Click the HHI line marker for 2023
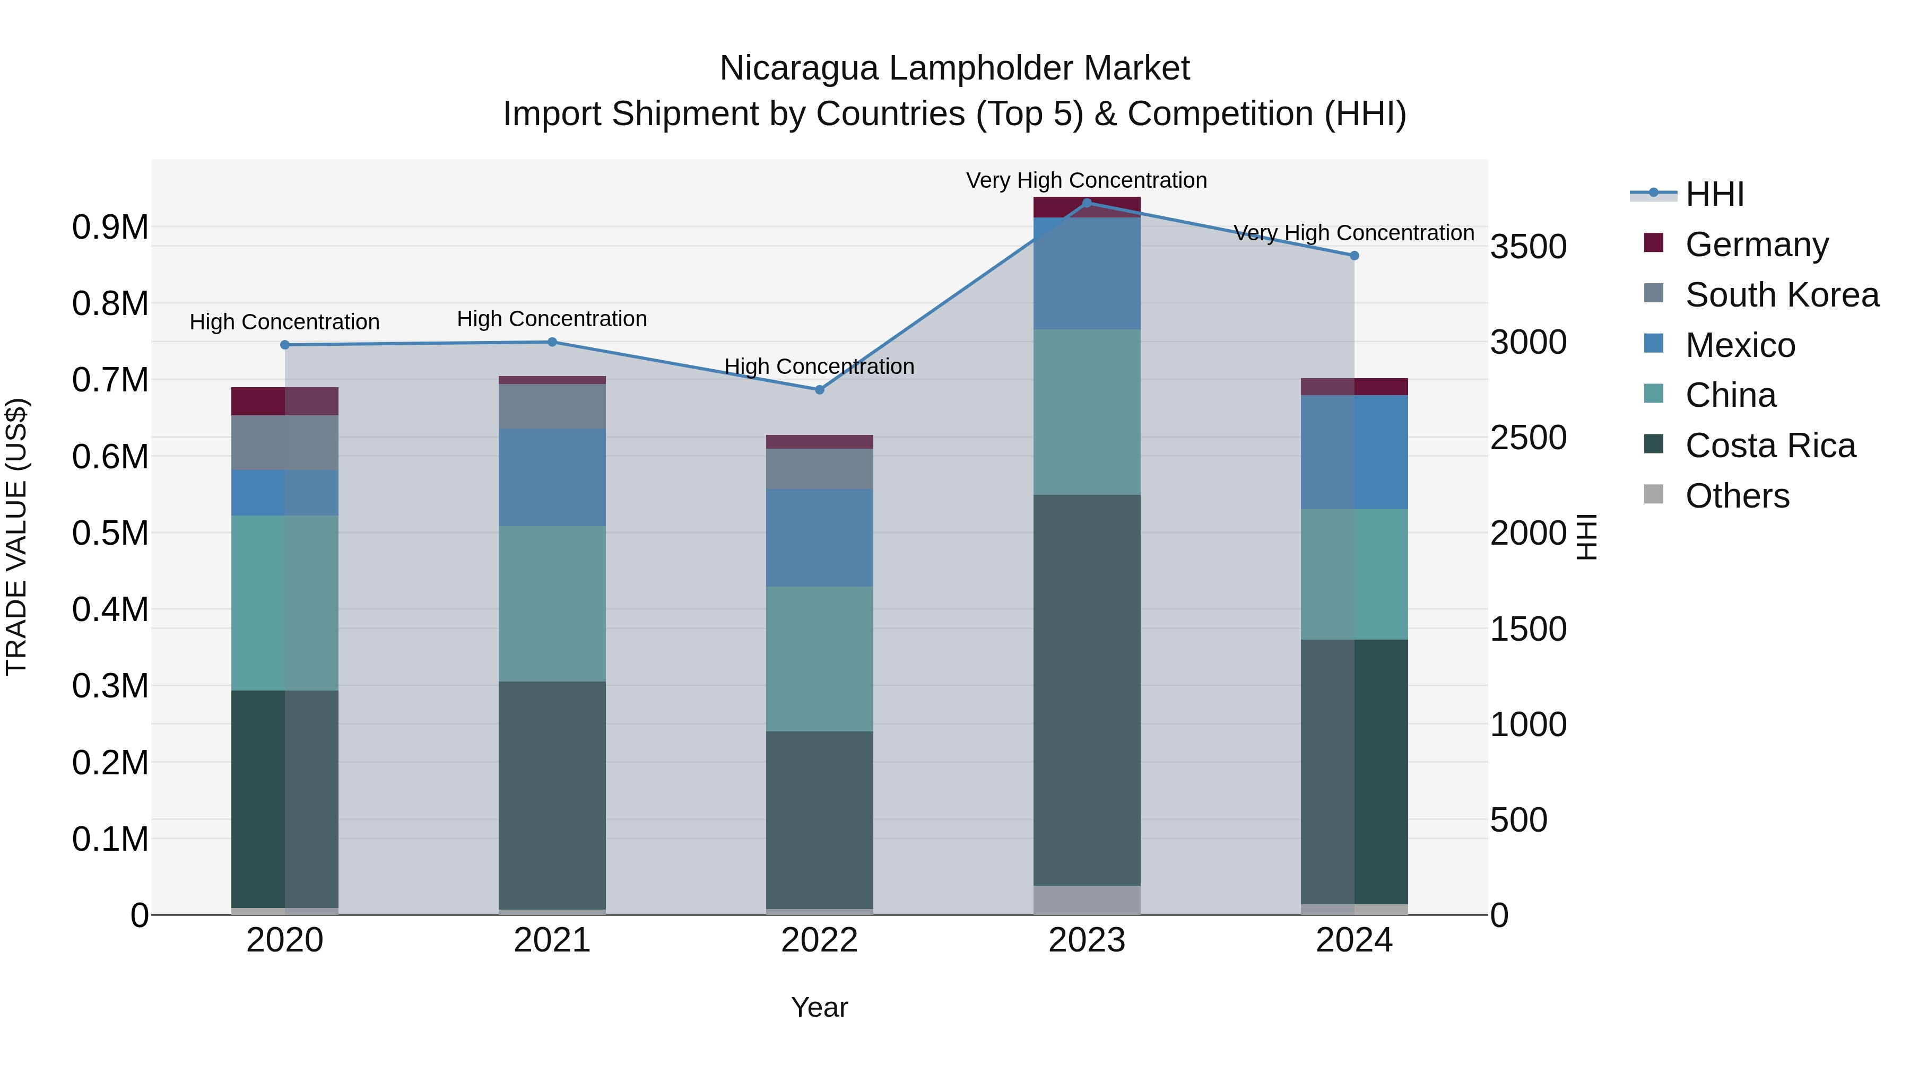click(x=1087, y=203)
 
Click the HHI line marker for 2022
click(x=819, y=390)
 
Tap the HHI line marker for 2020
click(x=285, y=345)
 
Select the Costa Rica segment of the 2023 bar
click(x=1087, y=689)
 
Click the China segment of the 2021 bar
click(x=552, y=604)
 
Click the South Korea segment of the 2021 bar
click(x=552, y=406)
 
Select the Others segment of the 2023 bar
click(x=1087, y=900)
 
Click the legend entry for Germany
click(x=1757, y=245)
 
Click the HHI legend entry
click(x=1714, y=194)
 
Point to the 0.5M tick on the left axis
click(x=110, y=533)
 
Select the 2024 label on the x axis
click(x=1354, y=940)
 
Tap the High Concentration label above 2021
click(x=552, y=319)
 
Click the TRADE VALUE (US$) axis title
click(x=17, y=537)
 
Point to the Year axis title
click(x=819, y=1007)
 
